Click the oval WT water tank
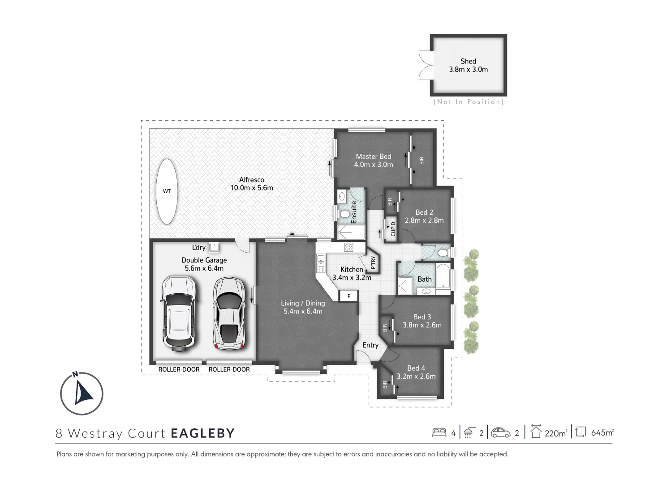pyautogui.click(x=167, y=191)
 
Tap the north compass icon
pyautogui.click(x=82, y=393)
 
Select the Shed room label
pyautogui.click(x=468, y=61)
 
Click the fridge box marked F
pyautogui.click(x=349, y=296)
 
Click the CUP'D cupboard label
pyautogui.click(x=393, y=229)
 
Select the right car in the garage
pyautogui.click(x=229, y=313)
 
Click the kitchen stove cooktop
pyautogui.click(x=348, y=247)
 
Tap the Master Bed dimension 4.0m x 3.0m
pyautogui.click(x=373, y=165)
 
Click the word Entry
pyautogui.click(x=370, y=345)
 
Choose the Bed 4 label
pyautogui.click(x=416, y=368)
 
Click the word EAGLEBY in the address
pyautogui.click(x=202, y=433)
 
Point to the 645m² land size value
pyautogui.click(x=602, y=432)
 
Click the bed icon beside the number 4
pyautogui.click(x=439, y=432)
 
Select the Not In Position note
pyautogui.click(x=469, y=102)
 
